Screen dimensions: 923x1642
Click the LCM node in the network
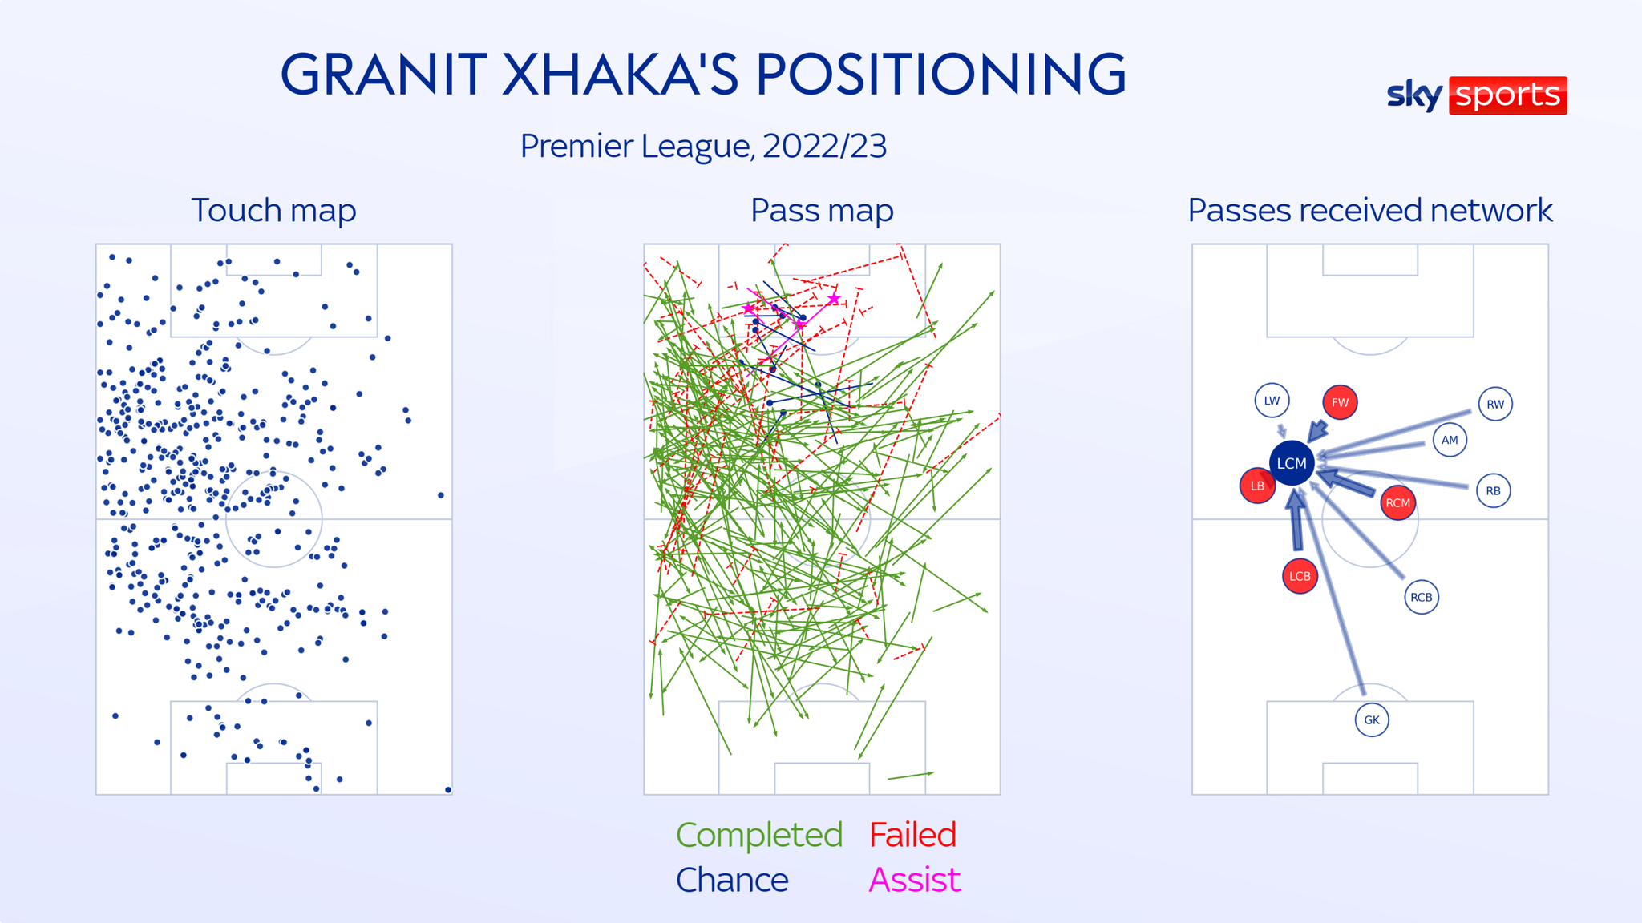click(x=1292, y=463)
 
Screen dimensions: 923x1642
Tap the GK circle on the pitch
click(x=1372, y=719)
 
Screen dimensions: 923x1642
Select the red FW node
click(x=1340, y=402)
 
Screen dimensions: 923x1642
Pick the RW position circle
click(x=1495, y=404)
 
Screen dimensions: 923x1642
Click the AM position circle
click(x=1450, y=440)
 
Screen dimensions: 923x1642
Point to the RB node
click(x=1493, y=490)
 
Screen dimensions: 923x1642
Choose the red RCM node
click(x=1397, y=503)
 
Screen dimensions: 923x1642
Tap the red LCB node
click(x=1300, y=576)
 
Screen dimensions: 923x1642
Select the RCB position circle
click(x=1422, y=597)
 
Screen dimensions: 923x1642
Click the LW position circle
click(x=1272, y=401)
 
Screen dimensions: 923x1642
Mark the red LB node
click(x=1257, y=486)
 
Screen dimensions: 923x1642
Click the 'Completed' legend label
click(x=758, y=835)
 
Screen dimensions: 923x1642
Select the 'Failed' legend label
click(x=912, y=835)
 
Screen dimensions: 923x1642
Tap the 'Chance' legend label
click(x=732, y=880)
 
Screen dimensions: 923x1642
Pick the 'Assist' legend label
click(x=914, y=880)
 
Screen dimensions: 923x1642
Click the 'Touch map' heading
click(x=273, y=210)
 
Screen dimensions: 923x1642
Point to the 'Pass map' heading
click(x=822, y=210)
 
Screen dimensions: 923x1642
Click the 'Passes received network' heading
click(x=1369, y=210)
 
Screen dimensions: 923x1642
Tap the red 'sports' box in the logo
click(x=1507, y=95)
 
